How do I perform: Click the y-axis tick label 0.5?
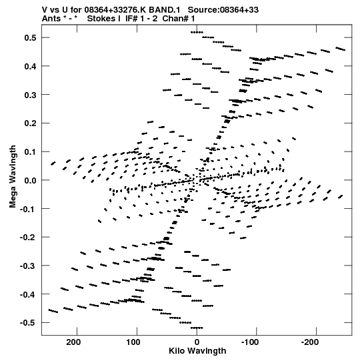pos(31,38)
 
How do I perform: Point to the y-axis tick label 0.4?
pos(31,66)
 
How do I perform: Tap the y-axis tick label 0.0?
pos(31,180)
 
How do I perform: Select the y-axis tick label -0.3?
pos(28,266)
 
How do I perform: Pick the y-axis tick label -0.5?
pos(28,323)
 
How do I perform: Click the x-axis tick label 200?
pos(73,342)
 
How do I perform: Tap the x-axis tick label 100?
pos(133,342)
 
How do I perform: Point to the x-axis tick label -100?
pos(250,342)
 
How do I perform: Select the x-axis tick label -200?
pos(310,342)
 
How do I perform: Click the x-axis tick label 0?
pos(197,342)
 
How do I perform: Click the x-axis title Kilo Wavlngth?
pos(197,351)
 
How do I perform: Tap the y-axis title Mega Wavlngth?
pos(13,177)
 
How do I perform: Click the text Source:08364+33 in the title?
pos(223,10)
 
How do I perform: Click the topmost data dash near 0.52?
pos(197,32)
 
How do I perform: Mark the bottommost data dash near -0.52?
pos(197,328)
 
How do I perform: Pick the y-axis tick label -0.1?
pos(28,209)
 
